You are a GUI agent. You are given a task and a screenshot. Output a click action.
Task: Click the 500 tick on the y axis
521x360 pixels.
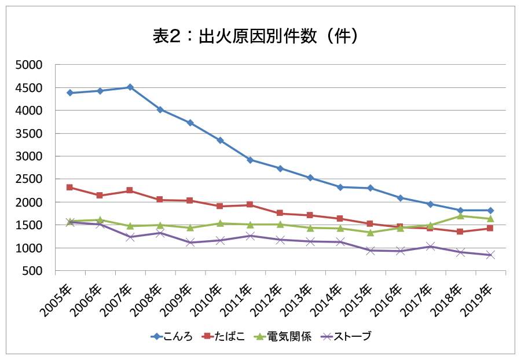pyautogui.click(x=34, y=271)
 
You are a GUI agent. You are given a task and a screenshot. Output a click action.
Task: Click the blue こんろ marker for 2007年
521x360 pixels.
pyautogui.click(x=130, y=87)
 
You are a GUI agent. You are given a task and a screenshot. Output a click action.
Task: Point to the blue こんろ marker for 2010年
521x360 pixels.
pyautogui.click(x=220, y=140)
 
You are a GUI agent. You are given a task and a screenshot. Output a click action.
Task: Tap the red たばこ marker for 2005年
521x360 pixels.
pyautogui.click(x=69, y=188)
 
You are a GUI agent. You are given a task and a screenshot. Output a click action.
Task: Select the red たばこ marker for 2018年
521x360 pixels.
pyautogui.click(x=460, y=232)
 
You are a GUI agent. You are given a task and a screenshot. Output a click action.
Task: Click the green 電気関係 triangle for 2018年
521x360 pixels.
pyautogui.click(x=460, y=216)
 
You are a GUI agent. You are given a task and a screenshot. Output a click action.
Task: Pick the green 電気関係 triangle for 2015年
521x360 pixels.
pyautogui.click(x=370, y=232)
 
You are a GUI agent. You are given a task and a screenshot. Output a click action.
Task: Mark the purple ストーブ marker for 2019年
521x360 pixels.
pyautogui.click(x=490, y=255)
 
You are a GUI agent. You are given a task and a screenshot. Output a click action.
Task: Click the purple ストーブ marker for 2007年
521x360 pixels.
pyautogui.click(x=130, y=237)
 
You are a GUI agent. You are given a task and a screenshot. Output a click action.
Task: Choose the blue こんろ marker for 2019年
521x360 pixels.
pyautogui.click(x=490, y=210)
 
